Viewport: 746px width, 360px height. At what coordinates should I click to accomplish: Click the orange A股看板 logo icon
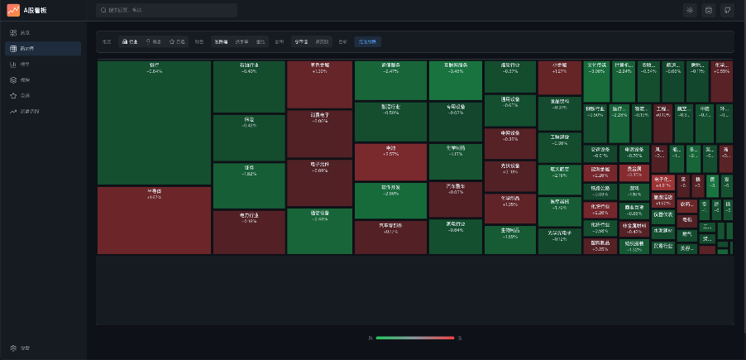coord(14,11)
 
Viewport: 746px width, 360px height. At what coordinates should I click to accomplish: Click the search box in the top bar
coord(166,11)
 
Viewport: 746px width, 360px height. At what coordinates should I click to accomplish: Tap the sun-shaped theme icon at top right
coord(690,11)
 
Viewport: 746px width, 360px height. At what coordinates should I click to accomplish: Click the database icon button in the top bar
coord(709,11)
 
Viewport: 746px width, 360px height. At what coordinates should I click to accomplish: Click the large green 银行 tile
coord(154,122)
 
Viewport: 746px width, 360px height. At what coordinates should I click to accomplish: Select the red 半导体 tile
coord(154,220)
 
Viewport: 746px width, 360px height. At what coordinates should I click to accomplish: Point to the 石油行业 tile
coord(249,86)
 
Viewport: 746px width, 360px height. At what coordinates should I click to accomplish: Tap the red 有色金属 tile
coord(319,84)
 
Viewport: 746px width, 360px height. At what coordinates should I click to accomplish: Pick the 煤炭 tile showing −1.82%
coord(249,185)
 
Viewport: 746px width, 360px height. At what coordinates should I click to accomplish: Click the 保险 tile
coord(249,137)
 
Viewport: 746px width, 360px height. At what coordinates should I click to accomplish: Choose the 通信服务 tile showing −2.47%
coord(390,80)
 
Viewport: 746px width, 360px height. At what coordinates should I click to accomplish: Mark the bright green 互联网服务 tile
coord(456,80)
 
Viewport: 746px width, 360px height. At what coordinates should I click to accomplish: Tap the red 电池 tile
coord(390,162)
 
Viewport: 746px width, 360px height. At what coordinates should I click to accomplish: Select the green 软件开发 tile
coord(390,200)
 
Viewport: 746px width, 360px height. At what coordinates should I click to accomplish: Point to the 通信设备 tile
coord(319,231)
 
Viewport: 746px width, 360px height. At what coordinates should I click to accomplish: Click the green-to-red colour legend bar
coord(415,338)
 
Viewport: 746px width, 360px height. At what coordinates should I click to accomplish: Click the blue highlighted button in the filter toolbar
coord(367,41)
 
